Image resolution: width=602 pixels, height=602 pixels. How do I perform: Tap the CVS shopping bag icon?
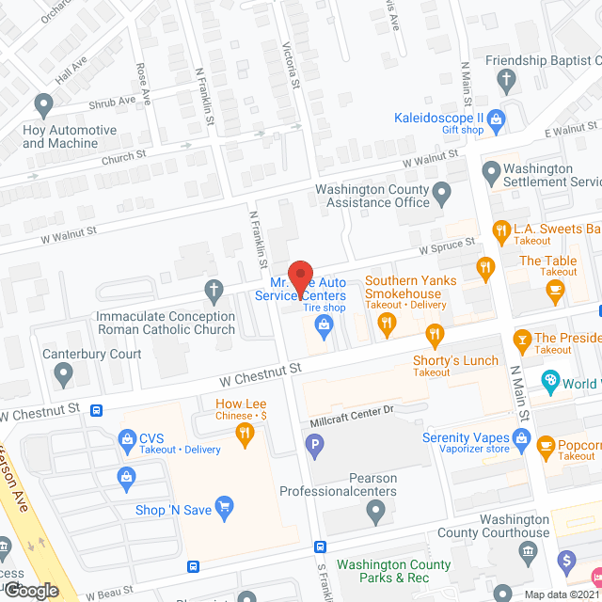point(127,438)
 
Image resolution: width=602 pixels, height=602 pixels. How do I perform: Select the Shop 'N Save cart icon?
point(224,509)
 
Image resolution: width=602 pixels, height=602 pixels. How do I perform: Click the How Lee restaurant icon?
point(245,432)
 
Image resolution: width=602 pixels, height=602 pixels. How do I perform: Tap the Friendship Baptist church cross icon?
point(507,78)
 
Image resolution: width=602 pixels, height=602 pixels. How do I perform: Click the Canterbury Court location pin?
point(63,375)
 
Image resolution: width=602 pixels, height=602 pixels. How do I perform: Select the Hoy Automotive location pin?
point(42,103)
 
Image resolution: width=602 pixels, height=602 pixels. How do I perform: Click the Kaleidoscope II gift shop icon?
point(497,119)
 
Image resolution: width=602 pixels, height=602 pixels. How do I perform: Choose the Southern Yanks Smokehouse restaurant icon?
point(386,325)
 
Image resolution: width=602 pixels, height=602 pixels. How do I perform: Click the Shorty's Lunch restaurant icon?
point(434,333)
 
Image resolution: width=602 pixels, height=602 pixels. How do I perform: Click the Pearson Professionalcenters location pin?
point(375,513)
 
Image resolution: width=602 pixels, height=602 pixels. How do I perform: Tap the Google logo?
point(30,590)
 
